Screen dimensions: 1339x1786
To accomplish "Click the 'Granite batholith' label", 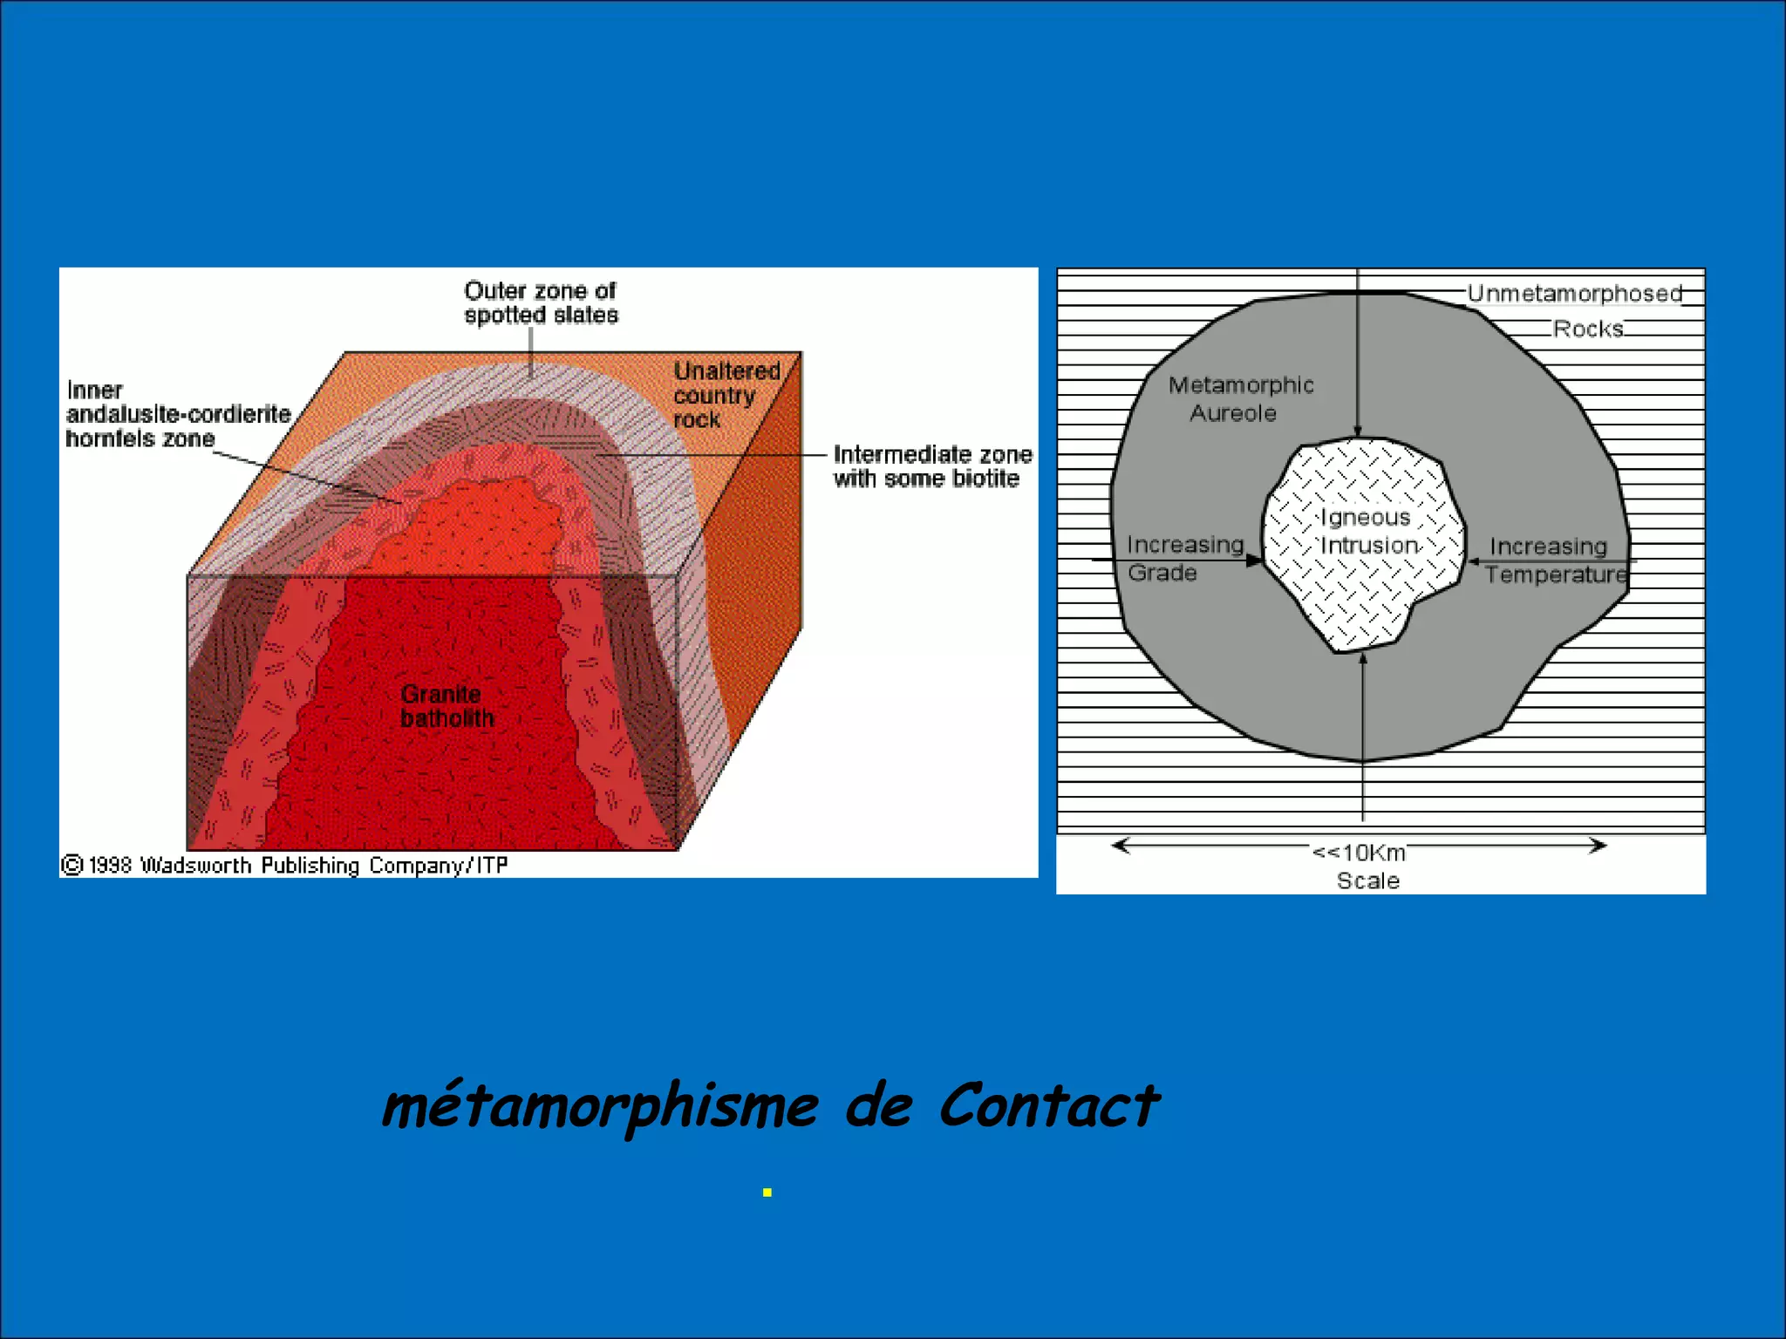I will click(x=446, y=706).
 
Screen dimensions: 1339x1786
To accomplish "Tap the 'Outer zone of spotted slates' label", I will click(x=541, y=302).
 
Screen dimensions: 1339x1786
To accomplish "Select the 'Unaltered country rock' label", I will click(x=726, y=395).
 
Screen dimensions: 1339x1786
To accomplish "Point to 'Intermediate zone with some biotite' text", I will click(x=932, y=466).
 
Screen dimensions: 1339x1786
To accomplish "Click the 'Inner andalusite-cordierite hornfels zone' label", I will click(x=178, y=414).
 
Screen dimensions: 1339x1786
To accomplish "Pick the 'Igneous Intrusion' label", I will click(x=1367, y=531).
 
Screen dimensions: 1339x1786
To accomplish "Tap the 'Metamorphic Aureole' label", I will click(x=1239, y=398).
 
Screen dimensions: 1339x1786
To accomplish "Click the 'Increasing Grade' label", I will click(x=1183, y=558).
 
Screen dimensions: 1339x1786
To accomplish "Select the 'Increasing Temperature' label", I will click(x=1554, y=560).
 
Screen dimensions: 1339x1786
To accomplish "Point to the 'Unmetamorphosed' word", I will click(x=1574, y=294).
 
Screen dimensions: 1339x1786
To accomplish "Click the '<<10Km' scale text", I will click(x=1359, y=852).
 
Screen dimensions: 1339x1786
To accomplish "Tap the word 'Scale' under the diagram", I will click(x=1367, y=880).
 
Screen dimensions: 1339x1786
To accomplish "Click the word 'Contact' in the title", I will click(x=1048, y=1105).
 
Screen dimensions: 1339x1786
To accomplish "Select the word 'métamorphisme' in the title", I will click(x=600, y=1107).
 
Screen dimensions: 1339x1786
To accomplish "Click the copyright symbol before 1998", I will click(x=72, y=865).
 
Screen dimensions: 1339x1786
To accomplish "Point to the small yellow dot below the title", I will click(x=767, y=1193).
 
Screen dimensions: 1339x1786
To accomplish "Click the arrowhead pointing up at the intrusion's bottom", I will click(x=1363, y=658).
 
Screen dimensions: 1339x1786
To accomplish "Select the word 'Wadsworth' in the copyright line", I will click(x=195, y=865).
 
